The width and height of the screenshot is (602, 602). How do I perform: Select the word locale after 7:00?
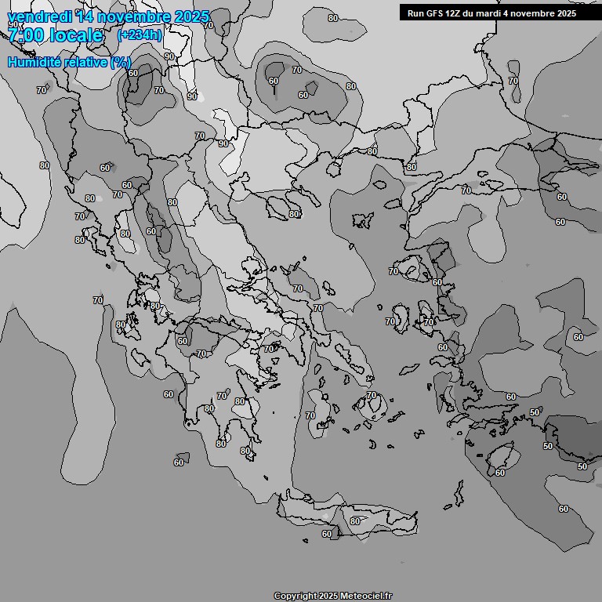point(78,35)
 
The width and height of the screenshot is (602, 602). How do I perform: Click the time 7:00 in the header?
point(26,35)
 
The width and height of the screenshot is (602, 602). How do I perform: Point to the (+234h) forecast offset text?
point(140,34)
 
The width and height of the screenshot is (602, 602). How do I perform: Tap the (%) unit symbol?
point(121,62)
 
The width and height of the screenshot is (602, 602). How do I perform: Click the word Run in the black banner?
point(416,13)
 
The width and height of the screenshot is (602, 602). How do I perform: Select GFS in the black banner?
point(436,13)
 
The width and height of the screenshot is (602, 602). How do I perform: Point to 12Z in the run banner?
point(458,13)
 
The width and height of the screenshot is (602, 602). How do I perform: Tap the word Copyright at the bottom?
point(295,596)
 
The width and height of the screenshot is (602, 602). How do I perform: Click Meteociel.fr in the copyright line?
point(366,596)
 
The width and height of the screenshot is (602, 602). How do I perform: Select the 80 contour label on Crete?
point(355,521)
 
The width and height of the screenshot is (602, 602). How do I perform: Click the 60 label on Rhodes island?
point(500,473)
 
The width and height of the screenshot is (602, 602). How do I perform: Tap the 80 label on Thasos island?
point(294,214)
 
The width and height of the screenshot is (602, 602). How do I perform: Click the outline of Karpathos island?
point(458,494)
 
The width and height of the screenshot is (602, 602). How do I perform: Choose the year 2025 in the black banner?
point(565,13)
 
